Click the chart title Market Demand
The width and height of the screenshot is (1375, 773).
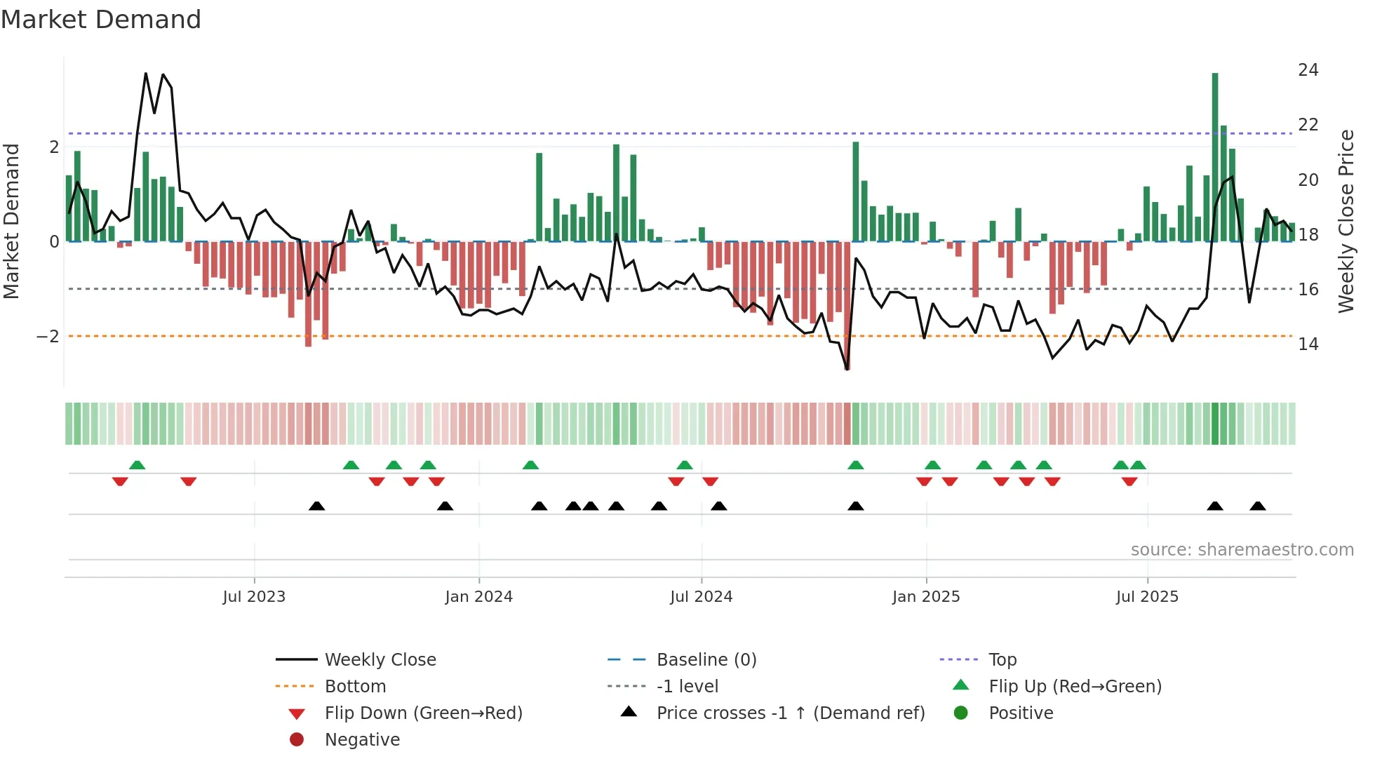pos(101,20)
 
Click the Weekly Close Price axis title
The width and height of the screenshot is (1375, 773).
pos(1346,221)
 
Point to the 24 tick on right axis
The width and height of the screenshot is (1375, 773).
pos(1308,70)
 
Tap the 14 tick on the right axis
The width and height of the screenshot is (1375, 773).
pos(1308,344)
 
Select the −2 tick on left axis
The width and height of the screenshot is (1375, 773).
pos(48,337)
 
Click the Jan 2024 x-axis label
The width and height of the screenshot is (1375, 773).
pos(478,597)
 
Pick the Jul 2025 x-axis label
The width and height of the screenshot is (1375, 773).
pos(1147,597)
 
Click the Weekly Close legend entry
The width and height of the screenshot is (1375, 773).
pos(380,660)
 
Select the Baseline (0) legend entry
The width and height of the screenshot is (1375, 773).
pos(706,660)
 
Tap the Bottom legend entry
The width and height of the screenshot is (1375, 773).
pos(355,687)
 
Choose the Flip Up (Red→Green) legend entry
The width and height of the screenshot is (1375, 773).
pos(1075,687)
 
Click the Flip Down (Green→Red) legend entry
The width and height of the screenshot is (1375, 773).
pos(423,713)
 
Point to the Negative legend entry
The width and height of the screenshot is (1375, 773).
pos(362,740)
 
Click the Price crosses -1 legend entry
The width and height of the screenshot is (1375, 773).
pos(790,713)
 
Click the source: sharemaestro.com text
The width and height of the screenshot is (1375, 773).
pos(1242,550)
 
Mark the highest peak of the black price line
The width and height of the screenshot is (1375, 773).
pos(146,73)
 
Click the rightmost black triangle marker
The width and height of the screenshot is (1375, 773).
pos(1258,506)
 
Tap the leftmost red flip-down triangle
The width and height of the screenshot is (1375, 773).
pos(120,481)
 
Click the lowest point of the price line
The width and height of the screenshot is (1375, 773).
pos(847,368)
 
